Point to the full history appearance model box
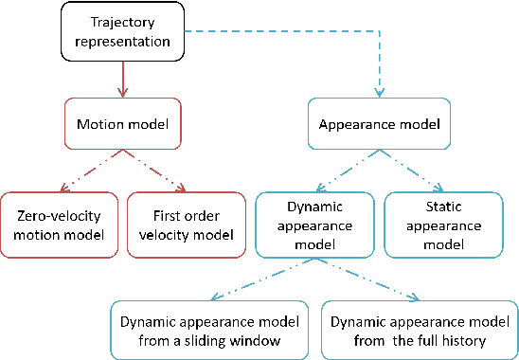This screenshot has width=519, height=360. coord(420,329)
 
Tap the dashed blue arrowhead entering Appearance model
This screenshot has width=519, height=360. coord(380,95)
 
